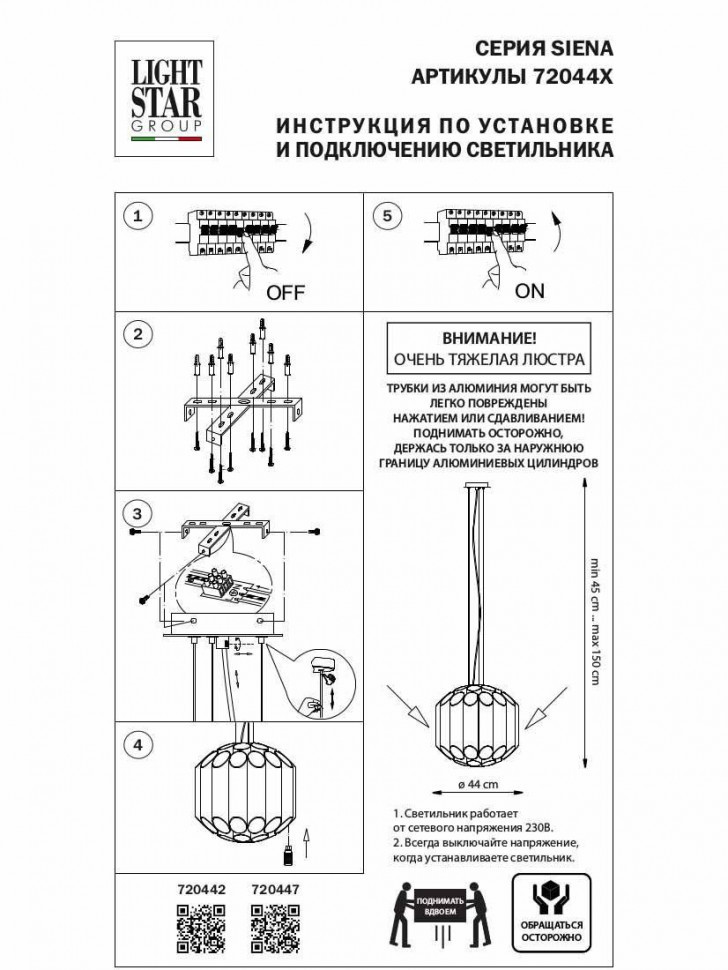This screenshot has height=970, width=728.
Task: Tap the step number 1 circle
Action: pyautogui.click(x=139, y=216)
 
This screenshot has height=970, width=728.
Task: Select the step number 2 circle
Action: pyautogui.click(x=139, y=335)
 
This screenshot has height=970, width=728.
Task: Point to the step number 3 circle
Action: pyautogui.click(x=139, y=514)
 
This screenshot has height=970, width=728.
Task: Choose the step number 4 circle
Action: pyautogui.click(x=139, y=744)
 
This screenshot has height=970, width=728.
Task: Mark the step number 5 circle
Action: pyautogui.click(x=389, y=216)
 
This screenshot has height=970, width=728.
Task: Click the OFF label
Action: pyautogui.click(x=285, y=293)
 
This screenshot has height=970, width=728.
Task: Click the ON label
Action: pyautogui.click(x=530, y=291)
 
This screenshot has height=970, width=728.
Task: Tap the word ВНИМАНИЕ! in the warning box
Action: pyautogui.click(x=489, y=340)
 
